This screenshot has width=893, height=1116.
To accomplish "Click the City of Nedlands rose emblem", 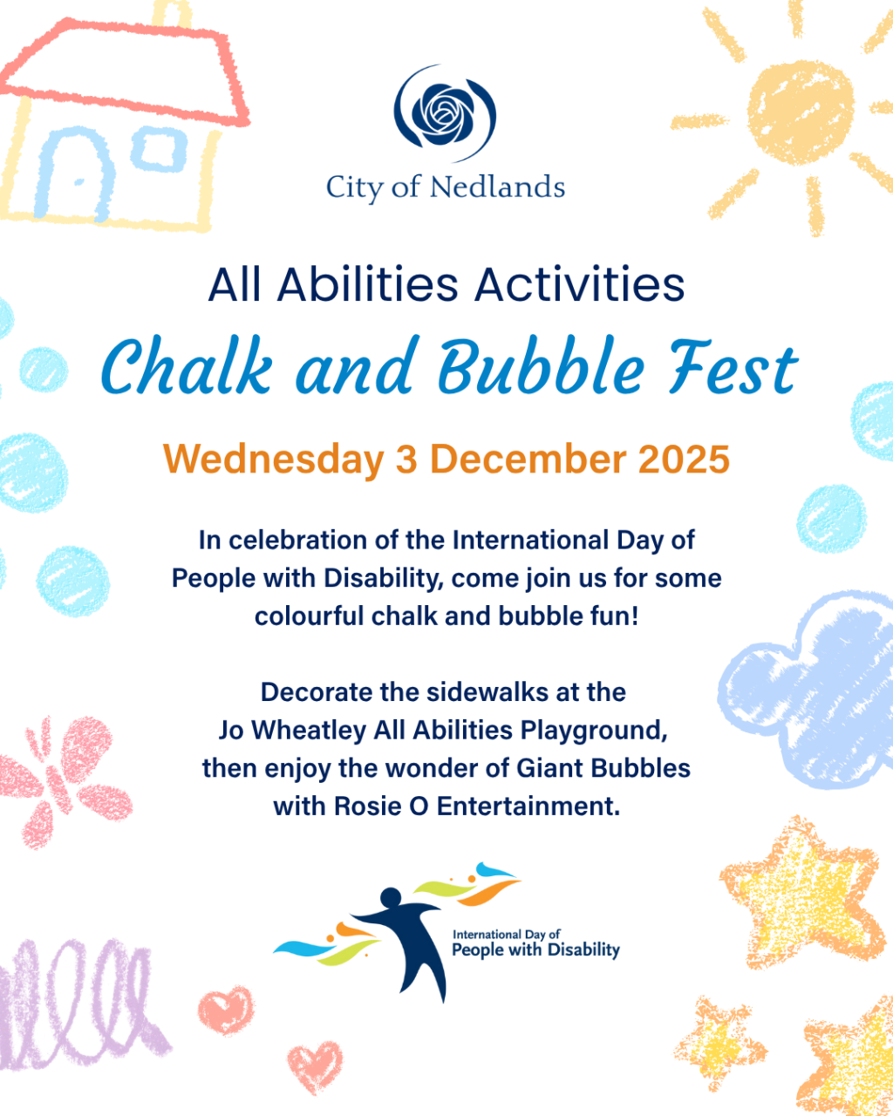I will [445, 112].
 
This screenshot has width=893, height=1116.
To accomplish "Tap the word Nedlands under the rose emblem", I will [497, 187].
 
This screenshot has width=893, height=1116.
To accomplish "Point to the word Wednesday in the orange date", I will [273, 459].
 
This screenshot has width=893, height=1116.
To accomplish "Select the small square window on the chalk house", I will [159, 149].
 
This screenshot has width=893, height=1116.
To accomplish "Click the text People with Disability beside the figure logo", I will [535, 950].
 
